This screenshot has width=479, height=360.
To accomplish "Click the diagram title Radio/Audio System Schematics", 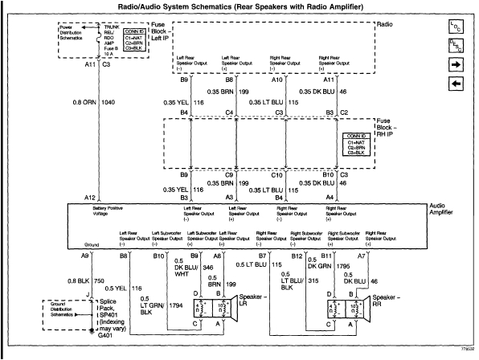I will (x=239, y=7).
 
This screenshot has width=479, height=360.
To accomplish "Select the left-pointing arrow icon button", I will (x=454, y=83).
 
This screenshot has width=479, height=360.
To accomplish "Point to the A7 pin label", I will (x=362, y=255).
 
